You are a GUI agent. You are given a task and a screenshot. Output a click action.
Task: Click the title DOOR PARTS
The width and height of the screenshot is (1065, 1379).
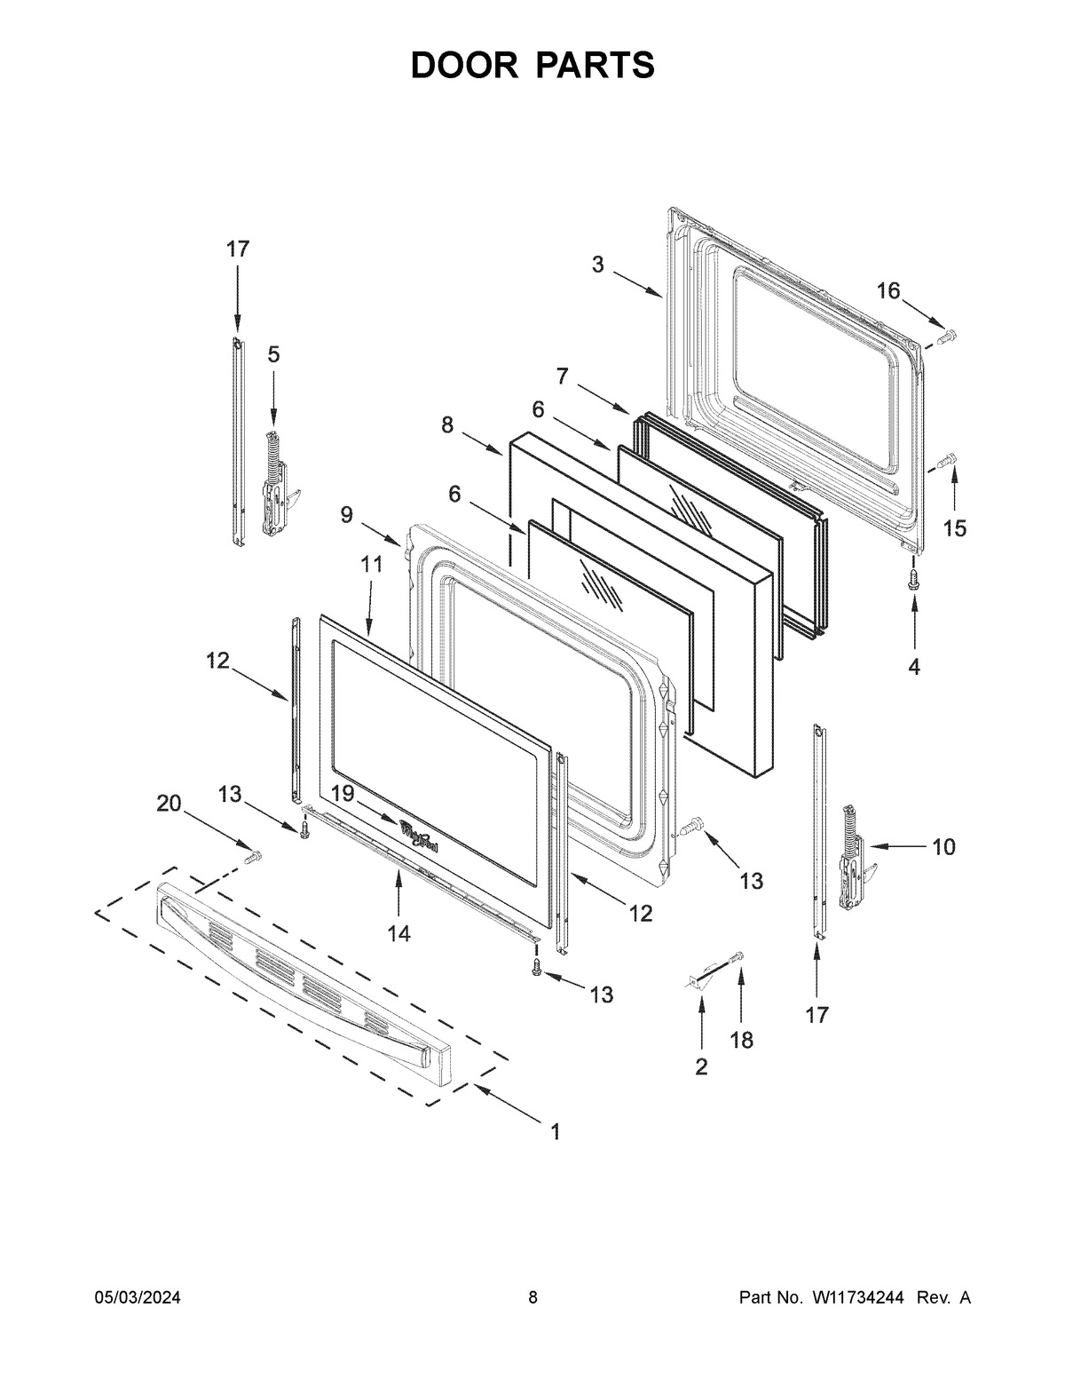pyautogui.click(x=532, y=66)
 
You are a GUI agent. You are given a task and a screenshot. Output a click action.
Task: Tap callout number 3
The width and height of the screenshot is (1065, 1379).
pyautogui.click(x=598, y=264)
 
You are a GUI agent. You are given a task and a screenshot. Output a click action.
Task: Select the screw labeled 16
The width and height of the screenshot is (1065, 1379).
pyautogui.click(x=946, y=336)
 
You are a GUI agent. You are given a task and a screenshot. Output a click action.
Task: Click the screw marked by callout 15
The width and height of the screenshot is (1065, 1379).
pyautogui.click(x=946, y=461)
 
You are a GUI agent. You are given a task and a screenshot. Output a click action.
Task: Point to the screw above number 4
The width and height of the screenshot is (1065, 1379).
pyautogui.click(x=914, y=579)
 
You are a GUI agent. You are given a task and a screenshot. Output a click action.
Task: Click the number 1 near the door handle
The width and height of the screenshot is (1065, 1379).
pyautogui.click(x=555, y=1132)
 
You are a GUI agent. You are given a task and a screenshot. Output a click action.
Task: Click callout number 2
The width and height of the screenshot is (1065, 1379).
pyautogui.click(x=701, y=1066)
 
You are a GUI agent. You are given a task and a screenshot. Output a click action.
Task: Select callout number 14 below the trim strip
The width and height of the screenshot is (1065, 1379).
pyautogui.click(x=398, y=933)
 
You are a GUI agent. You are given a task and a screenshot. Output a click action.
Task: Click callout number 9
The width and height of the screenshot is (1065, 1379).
pyautogui.click(x=346, y=514)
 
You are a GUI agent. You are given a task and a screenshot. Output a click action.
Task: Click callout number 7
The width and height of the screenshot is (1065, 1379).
pyautogui.click(x=562, y=376)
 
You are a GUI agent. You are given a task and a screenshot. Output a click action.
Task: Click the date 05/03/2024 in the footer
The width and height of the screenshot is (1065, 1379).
pyautogui.click(x=138, y=1298)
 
